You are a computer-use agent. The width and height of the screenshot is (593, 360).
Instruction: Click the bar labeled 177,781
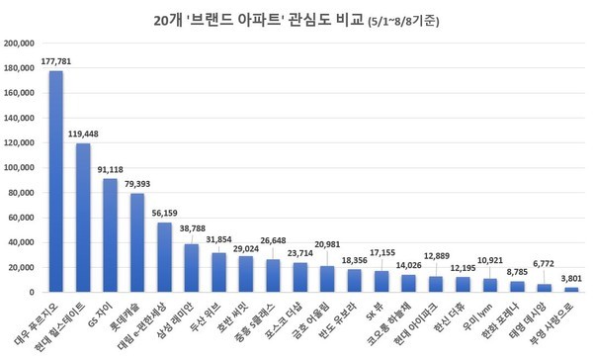tap(56, 182)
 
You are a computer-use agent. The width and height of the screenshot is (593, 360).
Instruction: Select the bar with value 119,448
tap(83, 218)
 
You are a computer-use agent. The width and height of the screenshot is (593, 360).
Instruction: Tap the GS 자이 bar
tap(111, 235)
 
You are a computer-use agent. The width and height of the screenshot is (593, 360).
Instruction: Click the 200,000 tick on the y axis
tap(21, 44)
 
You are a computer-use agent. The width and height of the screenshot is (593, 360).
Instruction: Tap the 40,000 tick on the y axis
tap(23, 242)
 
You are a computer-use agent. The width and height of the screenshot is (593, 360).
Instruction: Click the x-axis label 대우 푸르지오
tap(40, 320)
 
